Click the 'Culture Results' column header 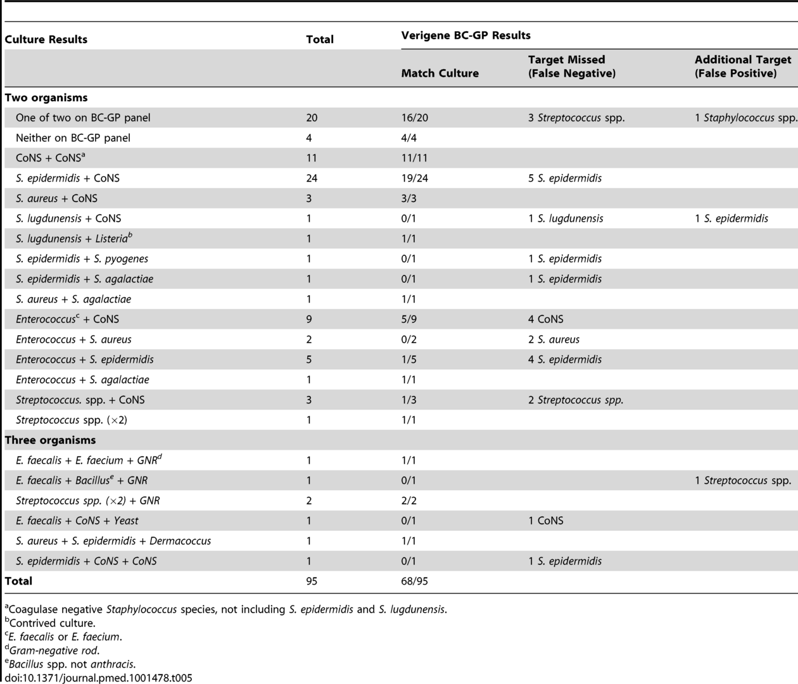[x=46, y=39]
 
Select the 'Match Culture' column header [x=440, y=73]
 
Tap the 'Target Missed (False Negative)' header [x=572, y=66]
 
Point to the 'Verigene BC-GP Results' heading [x=465, y=35]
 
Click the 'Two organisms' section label [x=46, y=98]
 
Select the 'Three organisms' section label [x=51, y=440]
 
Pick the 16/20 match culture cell [x=414, y=118]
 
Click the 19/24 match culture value [x=414, y=178]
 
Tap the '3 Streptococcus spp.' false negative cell [x=576, y=118]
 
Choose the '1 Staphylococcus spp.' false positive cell [x=745, y=118]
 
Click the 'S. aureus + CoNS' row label [x=57, y=198]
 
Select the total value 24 [x=312, y=178]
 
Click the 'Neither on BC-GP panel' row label [x=73, y=138]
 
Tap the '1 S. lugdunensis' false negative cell [x=566, y=218]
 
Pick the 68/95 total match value [x=414, y=581]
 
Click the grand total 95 [x=312, y=581]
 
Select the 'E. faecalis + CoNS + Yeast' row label [x=77, y=521]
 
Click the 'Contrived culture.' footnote [x=51, y=623]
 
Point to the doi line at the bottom [x=98, y=678]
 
